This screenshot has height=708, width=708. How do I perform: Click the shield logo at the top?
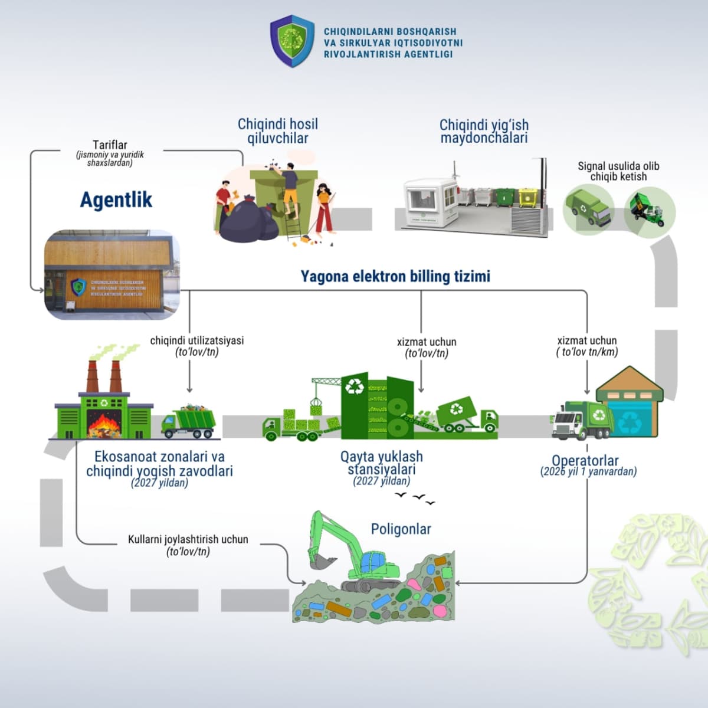click(292, 41)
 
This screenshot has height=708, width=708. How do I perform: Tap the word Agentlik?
click(116, 200)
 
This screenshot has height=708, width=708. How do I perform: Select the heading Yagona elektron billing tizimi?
click(395, 276)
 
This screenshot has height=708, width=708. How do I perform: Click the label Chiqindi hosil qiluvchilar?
click(277, 131)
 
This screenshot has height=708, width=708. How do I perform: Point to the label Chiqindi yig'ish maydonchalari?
click(484, 131)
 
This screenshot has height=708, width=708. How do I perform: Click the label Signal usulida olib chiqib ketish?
click(618, 171)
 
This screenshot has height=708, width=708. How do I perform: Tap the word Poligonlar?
click(401, 529)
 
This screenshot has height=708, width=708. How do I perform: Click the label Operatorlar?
click(585, 461)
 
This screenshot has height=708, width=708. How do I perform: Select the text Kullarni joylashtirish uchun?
click(188, 539)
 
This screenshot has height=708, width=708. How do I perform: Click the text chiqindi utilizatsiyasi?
click(196, 340)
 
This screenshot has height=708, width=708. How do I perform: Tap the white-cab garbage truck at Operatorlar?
click(581, 420)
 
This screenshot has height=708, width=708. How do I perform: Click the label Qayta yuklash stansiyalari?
click(382, 463)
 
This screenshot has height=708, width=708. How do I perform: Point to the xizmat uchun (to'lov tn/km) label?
click(587, 346)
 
